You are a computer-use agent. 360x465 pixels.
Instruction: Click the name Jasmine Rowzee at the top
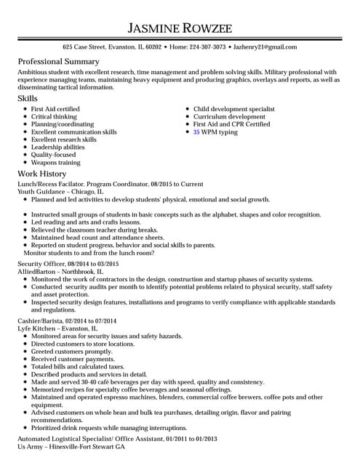[x=180, y=28]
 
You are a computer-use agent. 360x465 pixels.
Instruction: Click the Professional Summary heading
[x=58, y=62]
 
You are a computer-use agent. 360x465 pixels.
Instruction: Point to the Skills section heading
[x=28, y=98]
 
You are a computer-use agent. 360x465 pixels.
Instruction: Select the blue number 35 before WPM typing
[x=196, y=132]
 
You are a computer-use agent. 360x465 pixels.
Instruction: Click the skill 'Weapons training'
[x=55, y=163]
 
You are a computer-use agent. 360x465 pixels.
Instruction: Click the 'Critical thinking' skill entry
[x=54, y=117]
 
